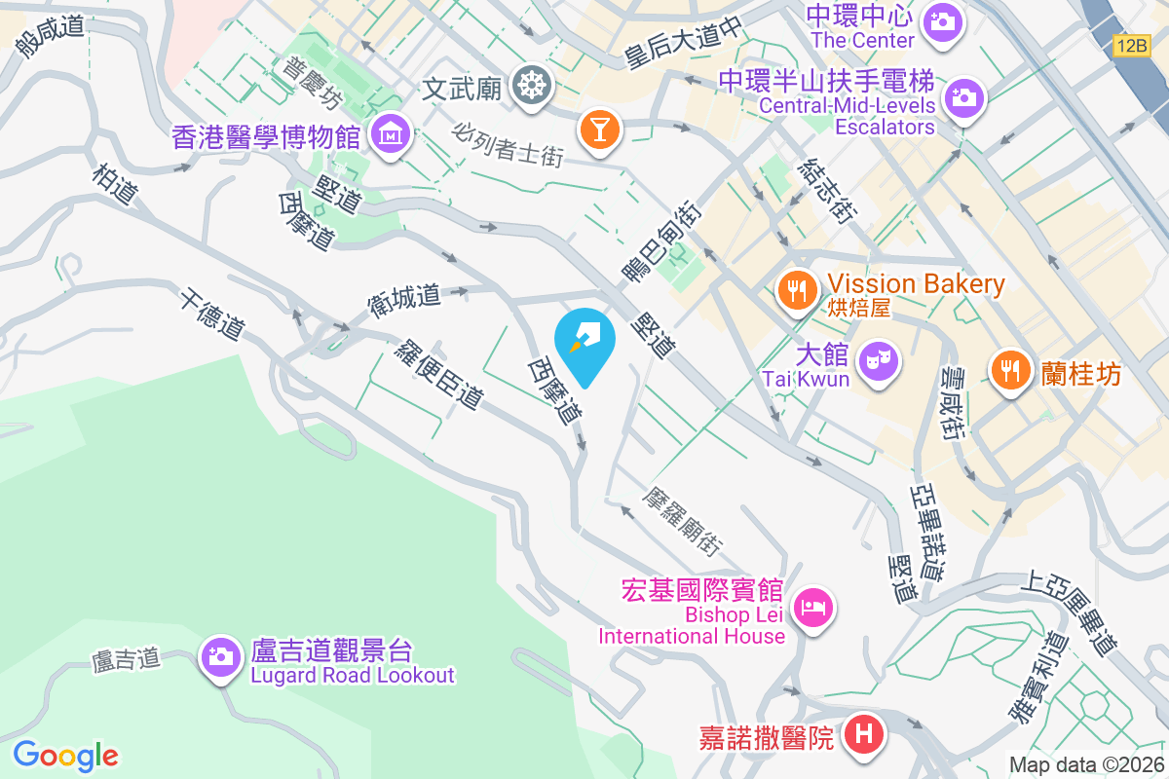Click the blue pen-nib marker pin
pos(584,342)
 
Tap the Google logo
pos(65,755)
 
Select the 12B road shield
pos(1133,46)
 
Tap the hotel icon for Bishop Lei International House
pos(813,610)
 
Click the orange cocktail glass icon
pos(598,130)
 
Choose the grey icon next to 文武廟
pos(532,88)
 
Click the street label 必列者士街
pos(509,142)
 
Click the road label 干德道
pos(210,313)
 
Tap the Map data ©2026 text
pos(1086,764)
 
